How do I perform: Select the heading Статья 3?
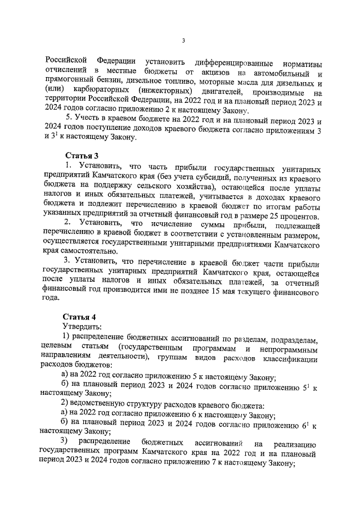[80, 155]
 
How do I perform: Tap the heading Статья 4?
[80, 317]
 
